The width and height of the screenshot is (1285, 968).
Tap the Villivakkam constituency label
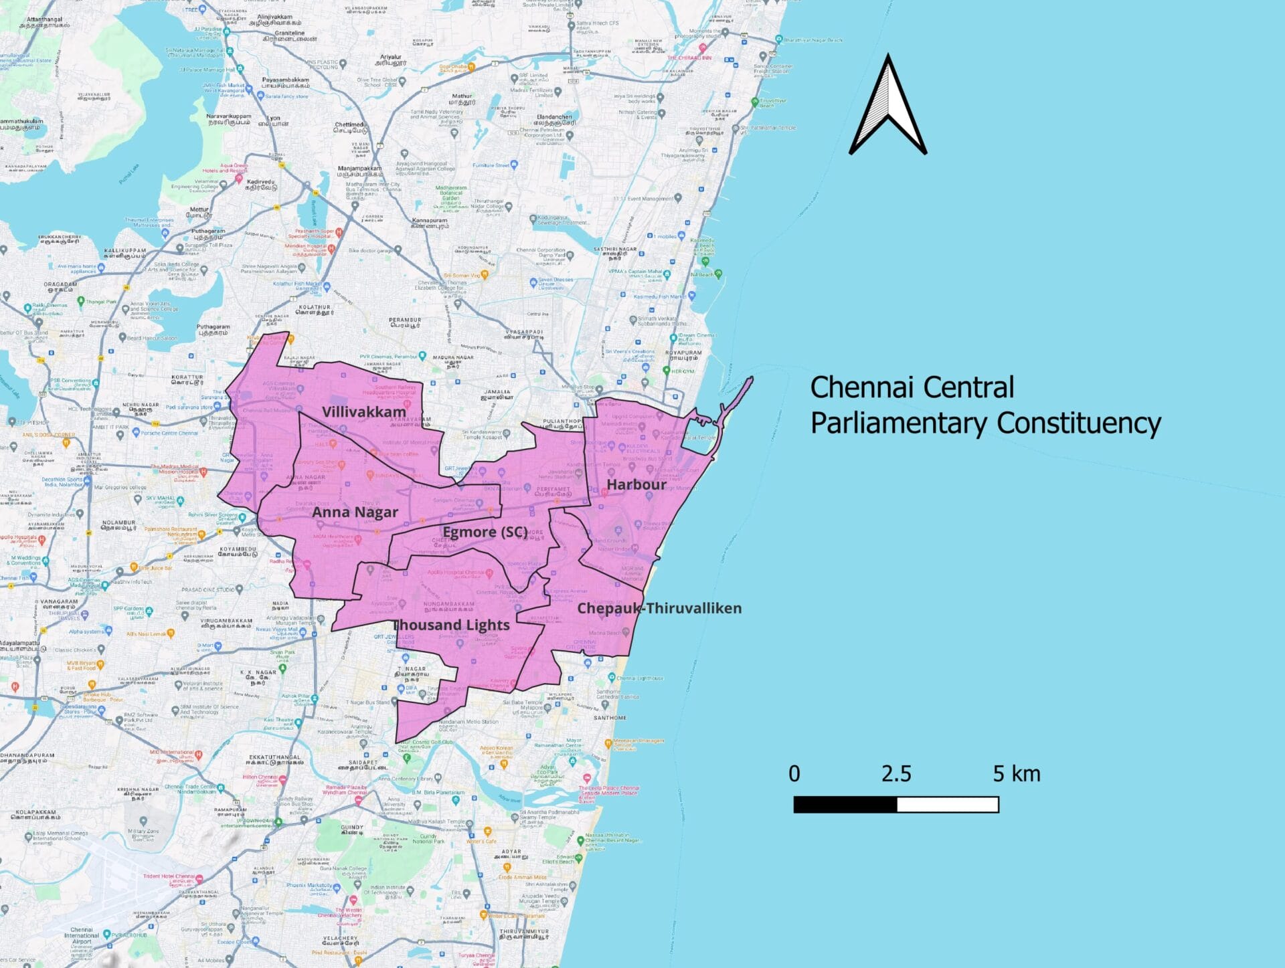[363, 411]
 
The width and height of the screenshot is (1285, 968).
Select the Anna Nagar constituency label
[355, 512]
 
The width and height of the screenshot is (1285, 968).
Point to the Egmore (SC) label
[485, 533]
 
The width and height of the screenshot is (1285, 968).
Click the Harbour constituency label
[636, 484]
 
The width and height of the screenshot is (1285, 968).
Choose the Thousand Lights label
[452, 625]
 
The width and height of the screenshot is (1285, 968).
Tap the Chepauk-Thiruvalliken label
[659, 608]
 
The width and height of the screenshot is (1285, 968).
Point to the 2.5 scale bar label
[895, 774]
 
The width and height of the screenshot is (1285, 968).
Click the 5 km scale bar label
[1016, 774]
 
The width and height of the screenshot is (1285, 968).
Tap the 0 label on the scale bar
[794, 774]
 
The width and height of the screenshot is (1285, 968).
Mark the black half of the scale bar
[845, 804]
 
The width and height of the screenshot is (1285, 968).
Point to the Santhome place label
[610, 718]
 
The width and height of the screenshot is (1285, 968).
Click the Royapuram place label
[683, 353]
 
